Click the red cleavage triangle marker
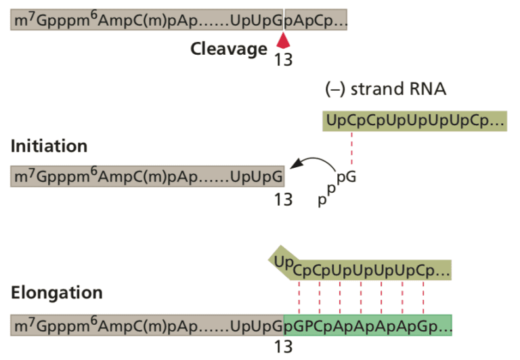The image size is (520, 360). coord(284,42)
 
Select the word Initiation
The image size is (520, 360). coord(49,146)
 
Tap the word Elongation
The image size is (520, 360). coord(57,293)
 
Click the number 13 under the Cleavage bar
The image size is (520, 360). coord(284,60)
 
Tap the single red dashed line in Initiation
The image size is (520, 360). coord(351,149)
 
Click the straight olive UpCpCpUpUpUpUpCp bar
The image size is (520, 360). coord(414,121)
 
